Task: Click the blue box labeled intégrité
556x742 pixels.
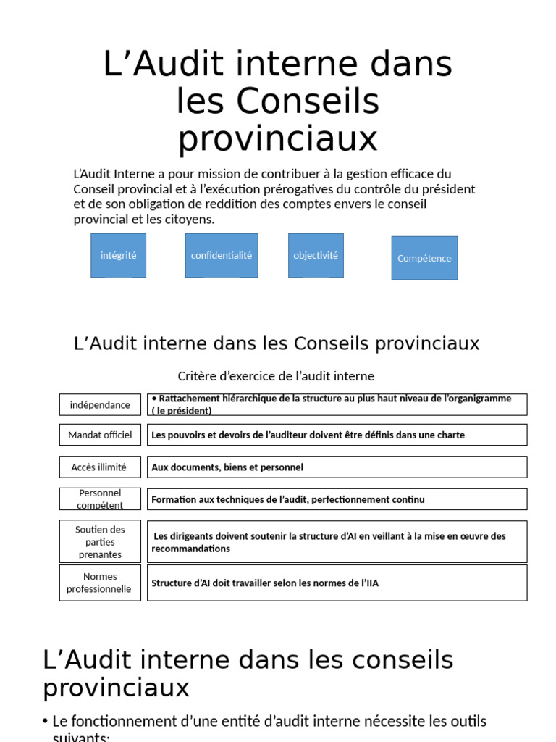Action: (118, 255)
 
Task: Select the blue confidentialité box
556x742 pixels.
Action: (222, 255)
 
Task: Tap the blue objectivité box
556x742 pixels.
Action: (316, 255)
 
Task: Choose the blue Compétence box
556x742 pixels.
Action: (424, 258)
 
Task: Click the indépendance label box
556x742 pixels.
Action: (100, 404)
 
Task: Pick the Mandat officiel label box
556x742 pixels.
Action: (100, 435)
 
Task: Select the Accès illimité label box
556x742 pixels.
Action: (100, 467)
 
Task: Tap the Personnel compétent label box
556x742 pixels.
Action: (100, 499)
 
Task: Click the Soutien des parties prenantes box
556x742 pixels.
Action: (100, 542)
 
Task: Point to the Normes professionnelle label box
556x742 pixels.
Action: (100, 583)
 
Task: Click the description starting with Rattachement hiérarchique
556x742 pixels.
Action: (337, 404)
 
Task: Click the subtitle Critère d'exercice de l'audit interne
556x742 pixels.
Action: (276, 376)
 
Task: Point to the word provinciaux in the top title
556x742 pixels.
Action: (278, 138)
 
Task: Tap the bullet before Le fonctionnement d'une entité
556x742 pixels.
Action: (46, 722)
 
